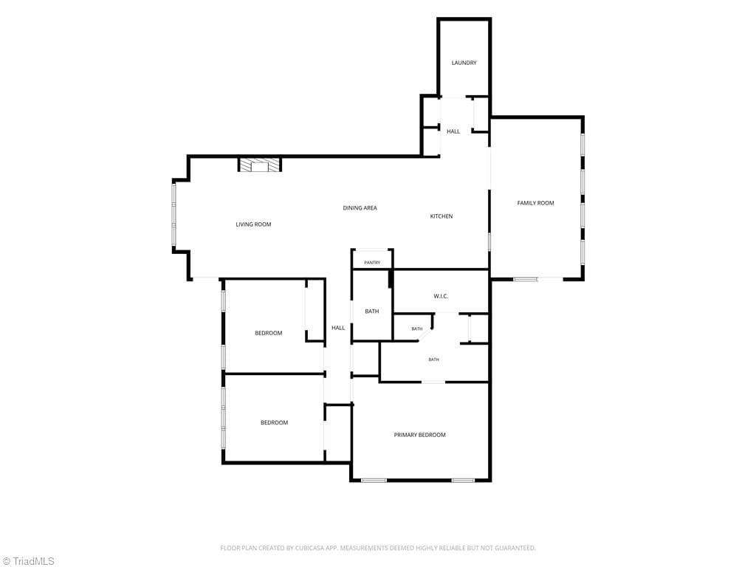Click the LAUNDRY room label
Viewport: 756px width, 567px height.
click(464, 63)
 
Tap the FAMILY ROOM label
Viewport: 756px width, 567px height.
click(535, 203)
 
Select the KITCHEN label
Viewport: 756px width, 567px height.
click(441, 216)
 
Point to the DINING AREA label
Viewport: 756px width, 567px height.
click(360, 207)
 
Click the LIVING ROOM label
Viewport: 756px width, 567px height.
click(253, 224)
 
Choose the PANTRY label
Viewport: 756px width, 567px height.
click(372, 263)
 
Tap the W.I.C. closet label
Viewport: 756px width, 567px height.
click(441, 296)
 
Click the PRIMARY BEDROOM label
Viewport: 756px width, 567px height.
click(419, 435)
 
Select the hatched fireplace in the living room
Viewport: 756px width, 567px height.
click(260, 165)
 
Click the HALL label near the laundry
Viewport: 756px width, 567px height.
click(453, 131)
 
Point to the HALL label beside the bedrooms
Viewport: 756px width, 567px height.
click(338, 328)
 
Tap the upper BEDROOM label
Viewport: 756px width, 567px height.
click(269, 333)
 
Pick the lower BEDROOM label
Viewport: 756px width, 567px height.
click(275, 423)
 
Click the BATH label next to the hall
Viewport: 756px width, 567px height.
click(372, 312)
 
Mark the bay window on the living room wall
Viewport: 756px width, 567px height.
click(174, 216)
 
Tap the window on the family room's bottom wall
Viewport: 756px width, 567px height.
click(526, 278)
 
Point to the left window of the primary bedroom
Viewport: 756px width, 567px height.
click(374, 480)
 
